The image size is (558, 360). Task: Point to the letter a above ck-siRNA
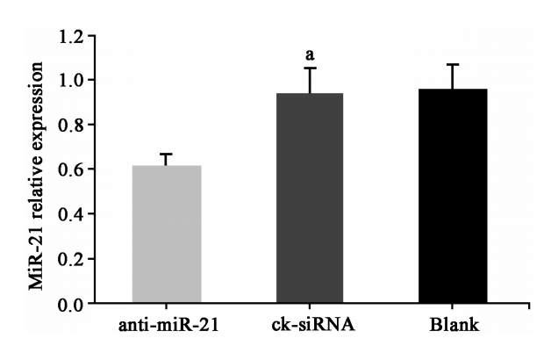tap(310, 54)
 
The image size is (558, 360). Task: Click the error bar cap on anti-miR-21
tap(167, 154)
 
